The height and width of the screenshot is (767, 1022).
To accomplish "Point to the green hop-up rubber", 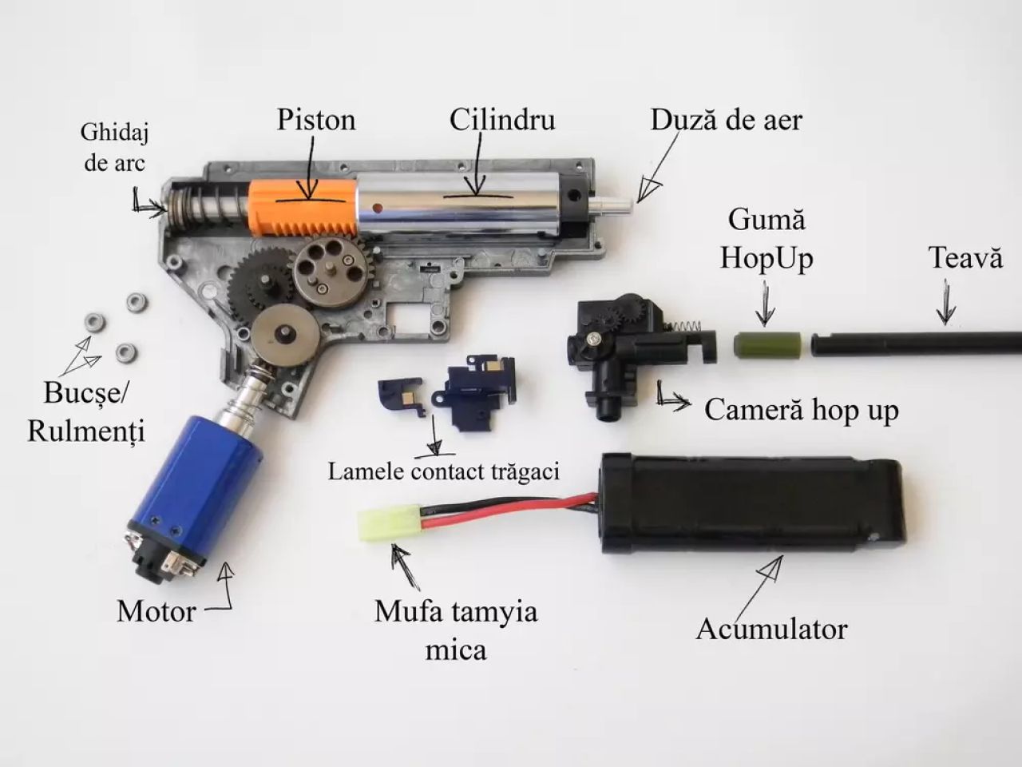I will click(763, 344).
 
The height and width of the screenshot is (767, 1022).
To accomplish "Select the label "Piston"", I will click(316, 120).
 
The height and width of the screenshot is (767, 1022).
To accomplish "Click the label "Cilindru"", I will click(501, 120).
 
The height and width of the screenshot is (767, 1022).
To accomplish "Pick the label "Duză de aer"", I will click(726, 120).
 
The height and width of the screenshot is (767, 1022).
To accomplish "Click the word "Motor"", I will click(156, 612).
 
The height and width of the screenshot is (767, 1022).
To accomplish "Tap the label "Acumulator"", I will click(771, 629).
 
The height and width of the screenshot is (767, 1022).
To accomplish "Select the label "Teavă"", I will click(965, 258).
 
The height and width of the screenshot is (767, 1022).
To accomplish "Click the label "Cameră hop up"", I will click(801, 410).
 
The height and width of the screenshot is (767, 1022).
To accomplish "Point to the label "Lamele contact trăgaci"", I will click(444, 471).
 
